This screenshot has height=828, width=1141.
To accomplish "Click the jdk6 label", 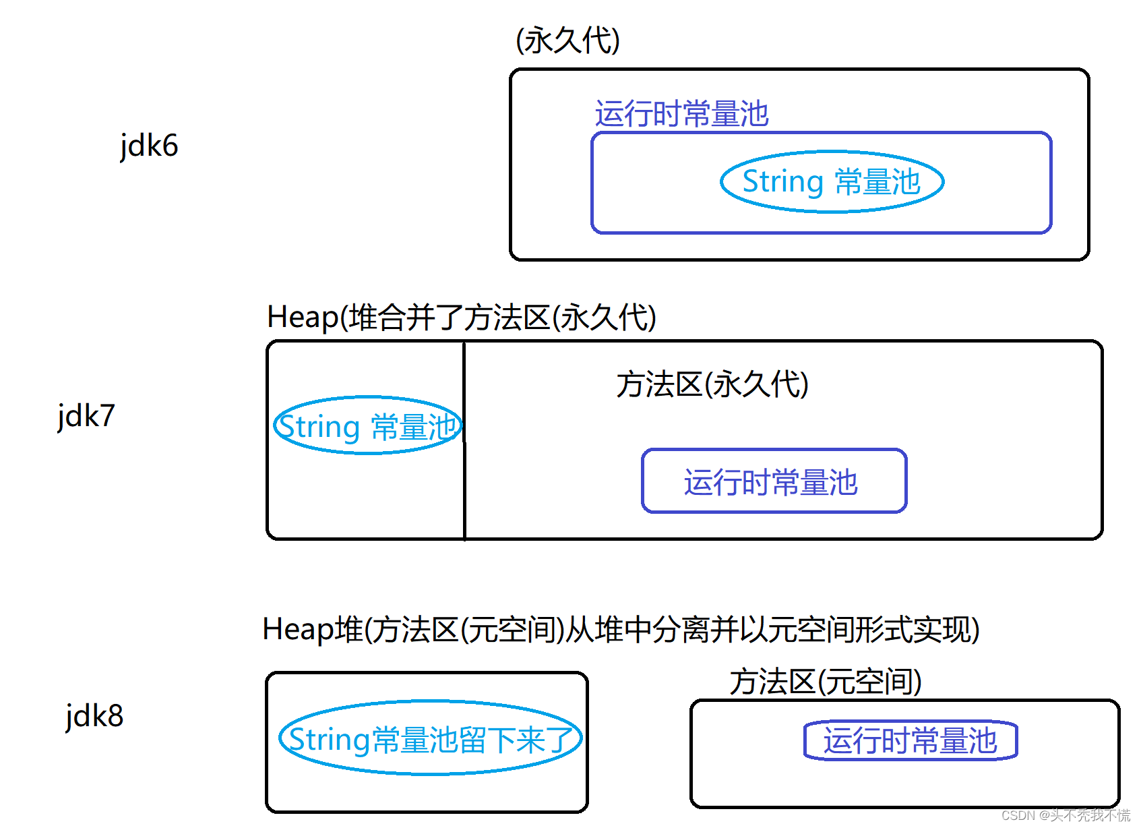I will coord(149,146).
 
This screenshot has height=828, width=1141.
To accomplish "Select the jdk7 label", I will coord(86,416).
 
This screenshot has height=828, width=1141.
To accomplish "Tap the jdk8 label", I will coord(94,716).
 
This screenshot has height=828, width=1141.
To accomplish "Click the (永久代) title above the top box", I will coord(567,40).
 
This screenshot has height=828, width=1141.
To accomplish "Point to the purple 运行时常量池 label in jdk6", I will coord(681,113).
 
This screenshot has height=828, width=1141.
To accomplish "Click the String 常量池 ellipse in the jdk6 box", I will coord(832,182).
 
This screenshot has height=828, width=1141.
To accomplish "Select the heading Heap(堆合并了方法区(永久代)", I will coord(461,318).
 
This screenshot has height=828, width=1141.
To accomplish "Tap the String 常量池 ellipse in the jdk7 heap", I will coord(367,426).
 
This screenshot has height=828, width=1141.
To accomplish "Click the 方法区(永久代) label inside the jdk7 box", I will coord(712,385).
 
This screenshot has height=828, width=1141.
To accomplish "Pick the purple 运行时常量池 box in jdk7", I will coord(774,481).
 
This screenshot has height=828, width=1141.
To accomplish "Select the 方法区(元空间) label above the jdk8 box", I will coord(826,682).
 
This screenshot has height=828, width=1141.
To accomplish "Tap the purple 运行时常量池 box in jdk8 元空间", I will coord(910,740).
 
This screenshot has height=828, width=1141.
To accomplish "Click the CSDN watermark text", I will coord(1065,815).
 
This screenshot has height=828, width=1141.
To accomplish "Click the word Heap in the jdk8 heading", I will coord(297,630).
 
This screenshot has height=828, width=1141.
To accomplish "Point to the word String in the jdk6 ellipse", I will coord(782,182).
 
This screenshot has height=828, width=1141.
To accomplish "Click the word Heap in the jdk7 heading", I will coord(302,318).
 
